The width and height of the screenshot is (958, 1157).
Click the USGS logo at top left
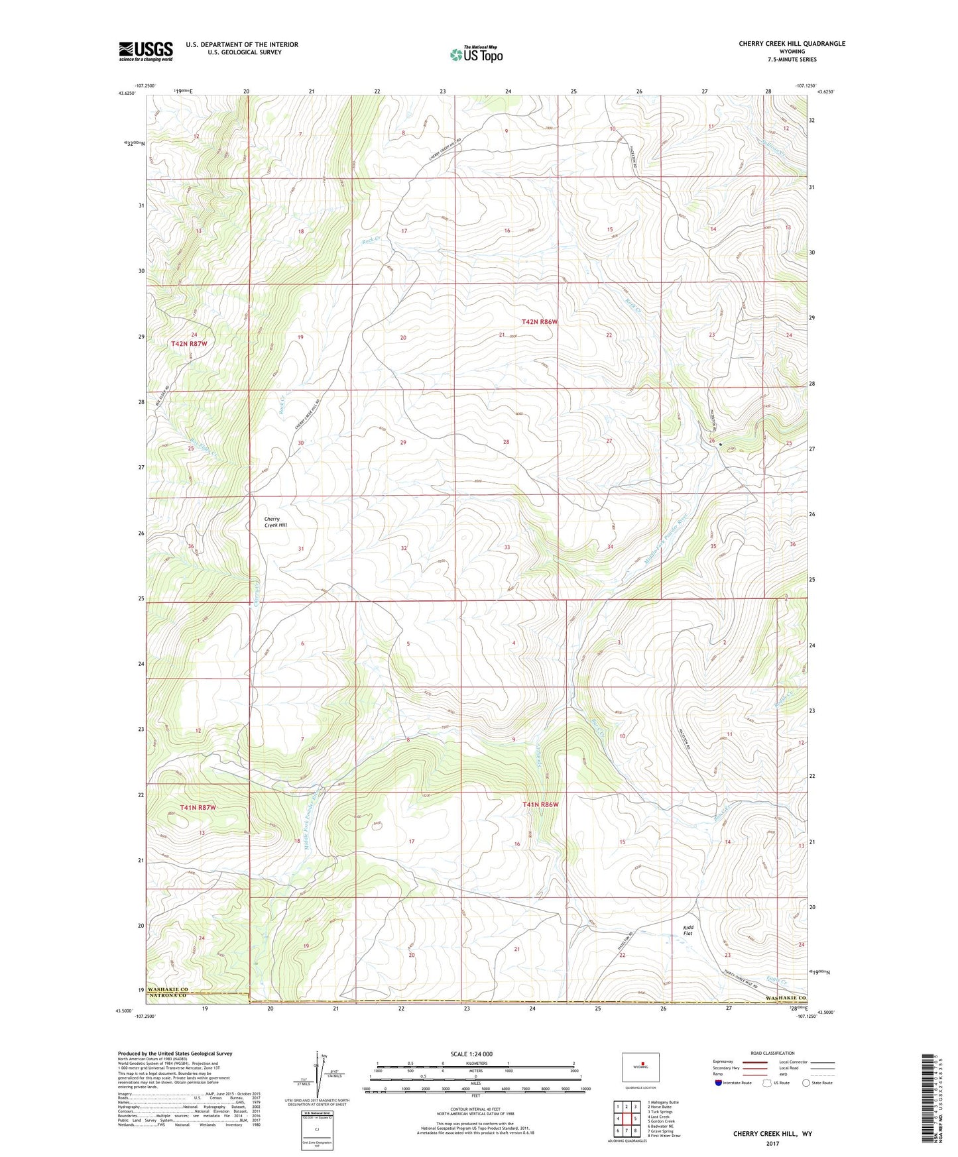point(146,51)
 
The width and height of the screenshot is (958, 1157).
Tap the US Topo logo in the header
point(475,54)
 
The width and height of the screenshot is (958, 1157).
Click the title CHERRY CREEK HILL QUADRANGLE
point(792,44)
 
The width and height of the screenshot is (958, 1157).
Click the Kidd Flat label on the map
point(688,930)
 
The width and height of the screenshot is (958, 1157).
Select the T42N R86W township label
point(540,321)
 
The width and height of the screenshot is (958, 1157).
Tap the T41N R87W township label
point(198,808)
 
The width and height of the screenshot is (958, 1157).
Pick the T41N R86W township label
point(540,804)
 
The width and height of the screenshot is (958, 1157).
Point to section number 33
point(507,547)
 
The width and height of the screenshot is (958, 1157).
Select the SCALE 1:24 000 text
point(471,1054)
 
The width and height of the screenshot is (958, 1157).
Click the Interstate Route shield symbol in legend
point(718,1083)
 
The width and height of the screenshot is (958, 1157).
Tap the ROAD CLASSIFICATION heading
point(772,1053)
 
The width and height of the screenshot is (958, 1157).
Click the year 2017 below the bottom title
point(772,1143)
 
